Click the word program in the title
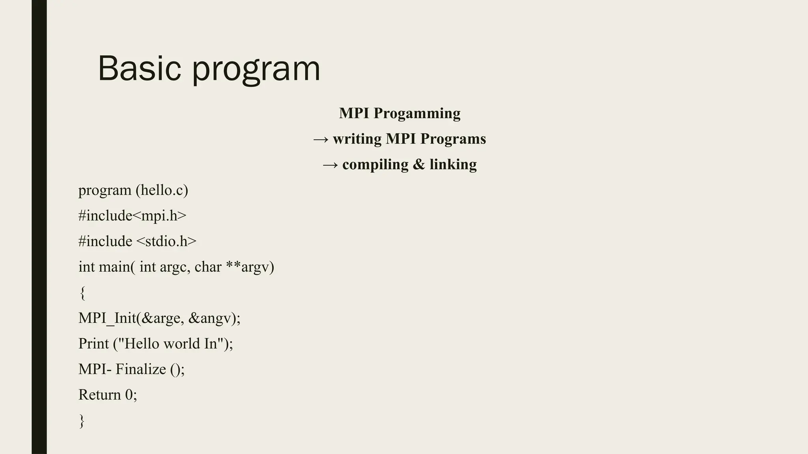(256, 69)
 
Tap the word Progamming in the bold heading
(417, 113)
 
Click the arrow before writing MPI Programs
(321, 139)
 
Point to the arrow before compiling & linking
(330, 165)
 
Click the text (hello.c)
(162, 190)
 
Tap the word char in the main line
(208, 267)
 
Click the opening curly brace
(82, 293)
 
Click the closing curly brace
(82, 421)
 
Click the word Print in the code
(94, 344)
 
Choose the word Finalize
(141, 369)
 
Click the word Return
(99, 395)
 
